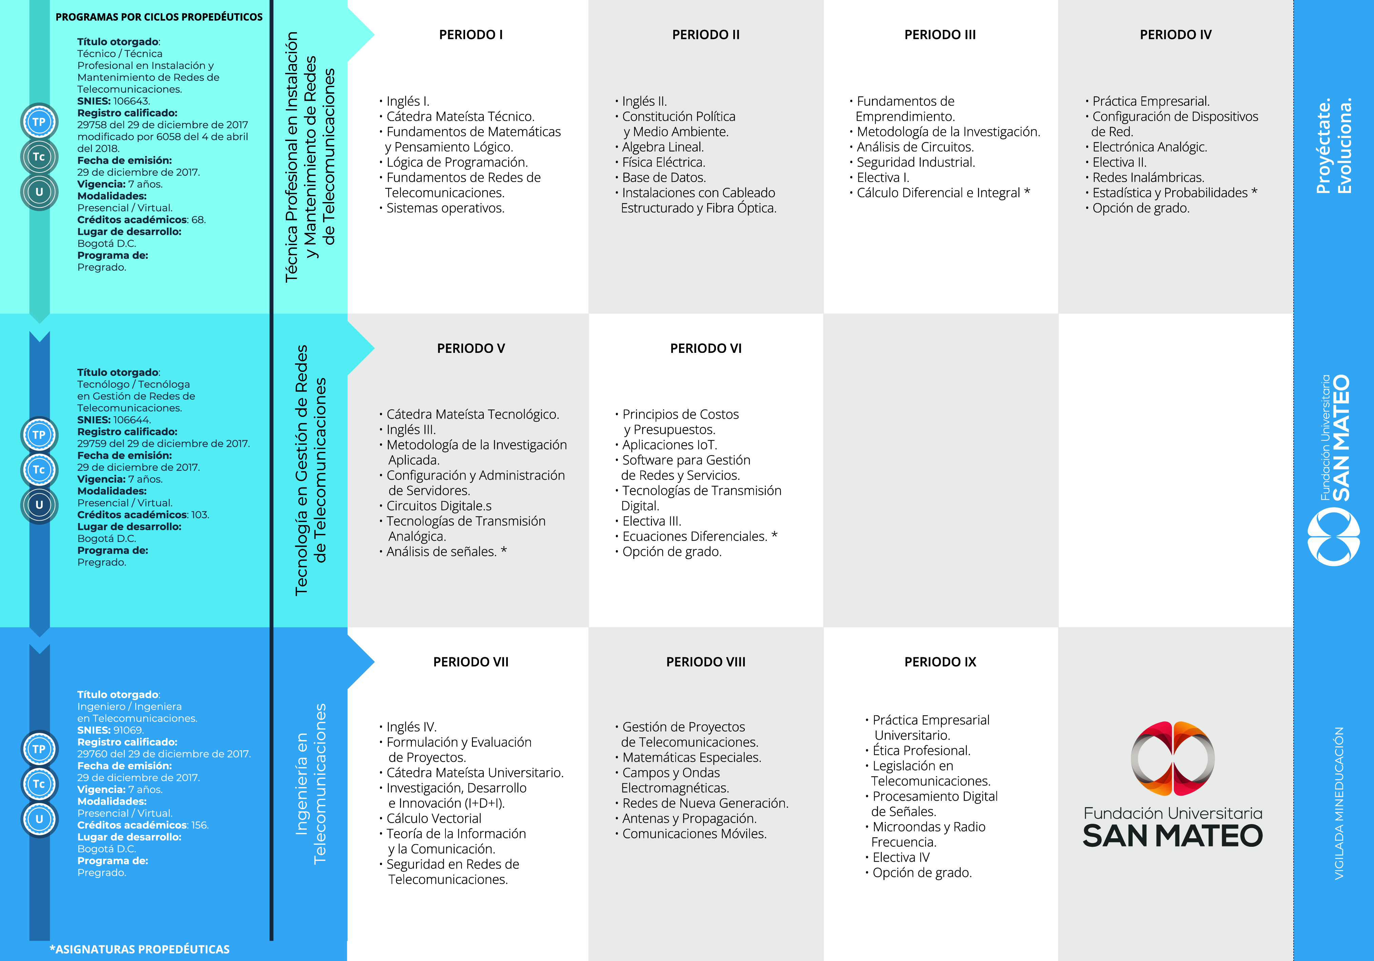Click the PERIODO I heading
click(471, 35)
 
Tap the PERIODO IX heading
click(940, 662)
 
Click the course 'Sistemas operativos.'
click(445, 208)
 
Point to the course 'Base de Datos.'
click(664, 178)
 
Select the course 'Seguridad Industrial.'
click(916, 162)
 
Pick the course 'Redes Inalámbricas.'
click(1149, 178)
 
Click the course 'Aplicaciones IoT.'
click(670, 445)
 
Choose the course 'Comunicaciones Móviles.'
click(694, 834)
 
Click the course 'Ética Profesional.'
click(921, 750)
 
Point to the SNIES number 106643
click(132, 101)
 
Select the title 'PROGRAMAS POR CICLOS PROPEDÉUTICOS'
click(159, 17)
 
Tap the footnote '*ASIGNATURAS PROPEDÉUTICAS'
click(139, 949)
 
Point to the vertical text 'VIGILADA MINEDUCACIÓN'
click(1339, 803)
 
